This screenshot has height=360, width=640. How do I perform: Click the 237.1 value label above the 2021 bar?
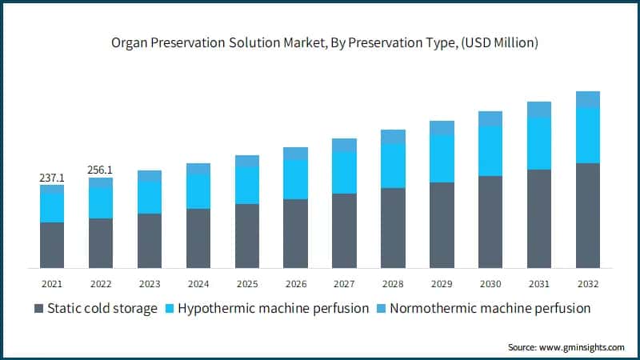click(52, 178)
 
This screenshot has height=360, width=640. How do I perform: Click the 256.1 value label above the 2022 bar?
click(101, 170)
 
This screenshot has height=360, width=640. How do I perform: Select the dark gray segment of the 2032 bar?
click(588, 215)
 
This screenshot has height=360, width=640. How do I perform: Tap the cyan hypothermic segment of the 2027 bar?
click(344, 172)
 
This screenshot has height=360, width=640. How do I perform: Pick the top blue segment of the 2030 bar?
click(490, 118)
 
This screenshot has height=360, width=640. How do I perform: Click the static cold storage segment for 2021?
click(52, 245)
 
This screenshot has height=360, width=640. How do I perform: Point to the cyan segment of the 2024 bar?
click(198, 191)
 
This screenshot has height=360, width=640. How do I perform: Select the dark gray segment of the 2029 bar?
click(442, 225)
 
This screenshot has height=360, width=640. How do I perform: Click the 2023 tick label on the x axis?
click(150, 283)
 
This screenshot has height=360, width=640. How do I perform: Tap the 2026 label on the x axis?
click(295, 283)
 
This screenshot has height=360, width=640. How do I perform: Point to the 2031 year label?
click(539, 283)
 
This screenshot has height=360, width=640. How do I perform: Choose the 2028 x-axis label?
click(393, 283)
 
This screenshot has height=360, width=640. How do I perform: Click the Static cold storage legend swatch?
click(39, 309)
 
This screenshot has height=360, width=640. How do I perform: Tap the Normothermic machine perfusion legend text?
click(490, 309)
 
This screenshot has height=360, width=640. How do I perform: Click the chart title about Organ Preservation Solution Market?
click(320, 42)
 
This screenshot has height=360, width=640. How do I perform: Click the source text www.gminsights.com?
click(566, 347)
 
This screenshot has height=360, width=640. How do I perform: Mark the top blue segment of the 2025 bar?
click(247, 161)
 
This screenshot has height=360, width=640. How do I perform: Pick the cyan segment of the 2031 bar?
click(539, 143)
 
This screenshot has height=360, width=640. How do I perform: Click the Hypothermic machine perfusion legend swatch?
click(169, 309)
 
